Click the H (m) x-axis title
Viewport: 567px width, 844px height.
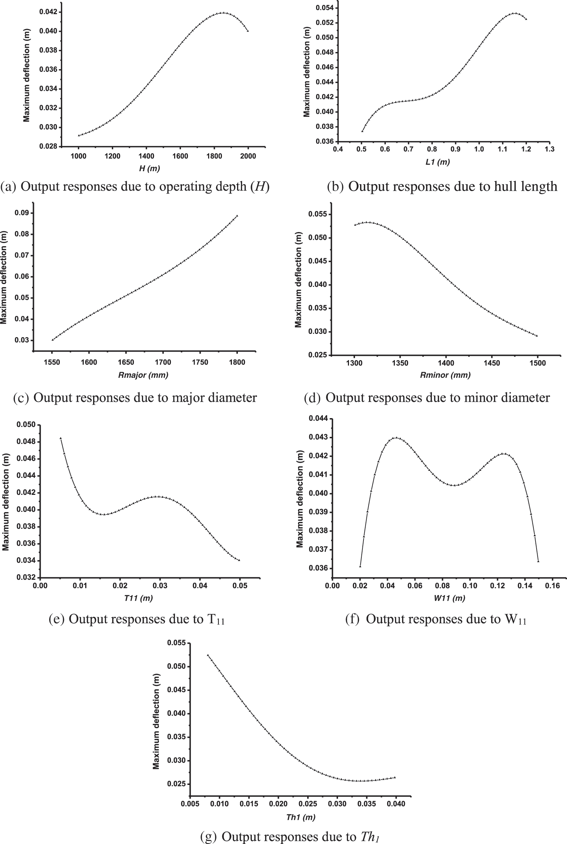149,168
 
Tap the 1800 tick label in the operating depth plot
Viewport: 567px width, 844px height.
214,156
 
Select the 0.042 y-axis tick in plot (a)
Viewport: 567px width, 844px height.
48,12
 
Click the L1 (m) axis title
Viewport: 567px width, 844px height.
437,162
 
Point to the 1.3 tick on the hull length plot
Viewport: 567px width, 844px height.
549,149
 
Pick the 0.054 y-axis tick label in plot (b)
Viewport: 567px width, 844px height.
325,7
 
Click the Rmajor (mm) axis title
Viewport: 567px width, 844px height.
143,375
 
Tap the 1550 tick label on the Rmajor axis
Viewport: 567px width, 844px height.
52,362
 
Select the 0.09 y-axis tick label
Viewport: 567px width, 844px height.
22,213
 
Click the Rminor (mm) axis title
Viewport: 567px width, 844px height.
445,375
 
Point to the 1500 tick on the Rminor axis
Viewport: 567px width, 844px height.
538,363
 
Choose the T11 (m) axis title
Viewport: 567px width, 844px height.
138,598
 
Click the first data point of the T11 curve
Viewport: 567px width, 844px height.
61,438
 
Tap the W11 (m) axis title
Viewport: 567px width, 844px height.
449,598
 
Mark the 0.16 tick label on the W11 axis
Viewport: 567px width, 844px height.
552,586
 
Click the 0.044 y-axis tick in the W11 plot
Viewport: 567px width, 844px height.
318,418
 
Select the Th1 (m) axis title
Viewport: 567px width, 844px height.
300,817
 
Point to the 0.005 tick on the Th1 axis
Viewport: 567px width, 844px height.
190,804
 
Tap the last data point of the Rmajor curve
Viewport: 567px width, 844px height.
237,216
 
